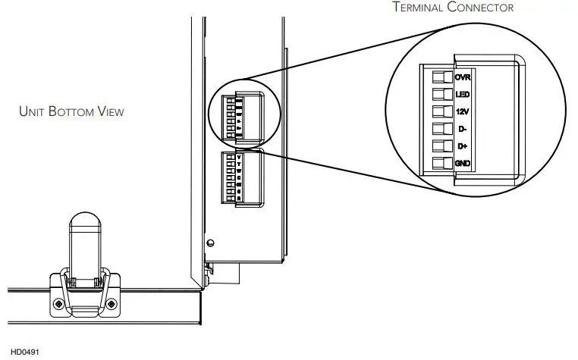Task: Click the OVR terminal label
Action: point(462,77)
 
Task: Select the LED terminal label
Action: point(462,94)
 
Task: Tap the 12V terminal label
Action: point(462,111)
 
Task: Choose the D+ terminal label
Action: point(461,146)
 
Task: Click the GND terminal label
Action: point(462,163)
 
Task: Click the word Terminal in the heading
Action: point(421,8)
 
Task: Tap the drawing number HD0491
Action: point(24,352)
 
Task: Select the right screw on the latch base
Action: point(112,303)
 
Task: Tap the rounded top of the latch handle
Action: point(84,221)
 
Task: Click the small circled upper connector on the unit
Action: point(240,117)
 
